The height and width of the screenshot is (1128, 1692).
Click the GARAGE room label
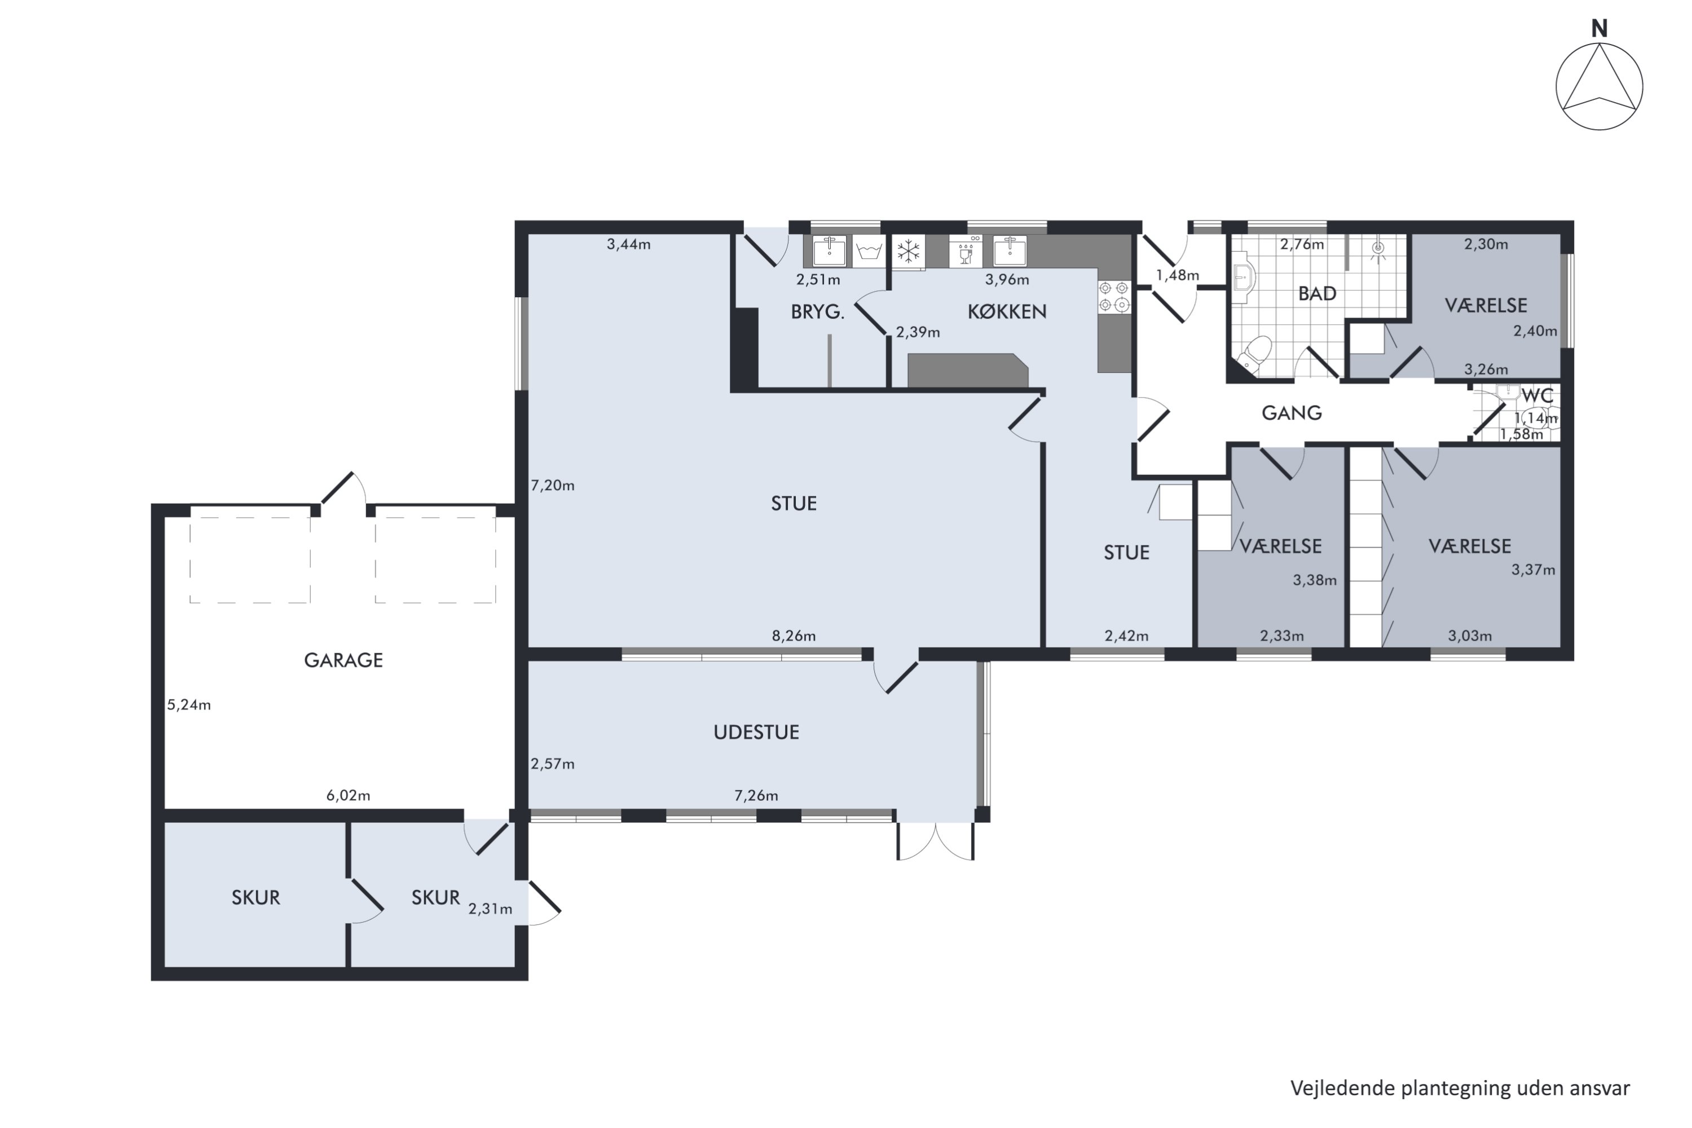coord(343,660)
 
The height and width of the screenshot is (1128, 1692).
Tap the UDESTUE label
coord(756,732)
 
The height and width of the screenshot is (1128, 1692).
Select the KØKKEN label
coord(1006,311)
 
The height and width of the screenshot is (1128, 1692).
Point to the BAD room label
coord(1317,293)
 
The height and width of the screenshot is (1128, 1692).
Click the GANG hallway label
coord(1292,413)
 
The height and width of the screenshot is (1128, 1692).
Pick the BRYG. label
coord(817,311)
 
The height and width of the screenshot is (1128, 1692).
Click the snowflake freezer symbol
coord(909,252)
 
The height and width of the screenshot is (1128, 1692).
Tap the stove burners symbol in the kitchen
coord(1113,297)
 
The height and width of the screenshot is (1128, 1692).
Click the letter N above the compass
coord(1599,29)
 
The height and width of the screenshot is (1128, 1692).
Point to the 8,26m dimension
coord(794,636)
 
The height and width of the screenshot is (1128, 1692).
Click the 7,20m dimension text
coord(553,486)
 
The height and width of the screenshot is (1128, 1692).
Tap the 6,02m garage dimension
coord(348,796)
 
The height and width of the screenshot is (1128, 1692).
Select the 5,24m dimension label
coord(189,705)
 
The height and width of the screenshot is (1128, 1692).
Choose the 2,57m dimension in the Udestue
coord(553,764)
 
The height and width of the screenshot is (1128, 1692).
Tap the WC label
coord(1537,396)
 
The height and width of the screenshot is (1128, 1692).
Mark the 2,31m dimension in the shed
coord(491,909)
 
